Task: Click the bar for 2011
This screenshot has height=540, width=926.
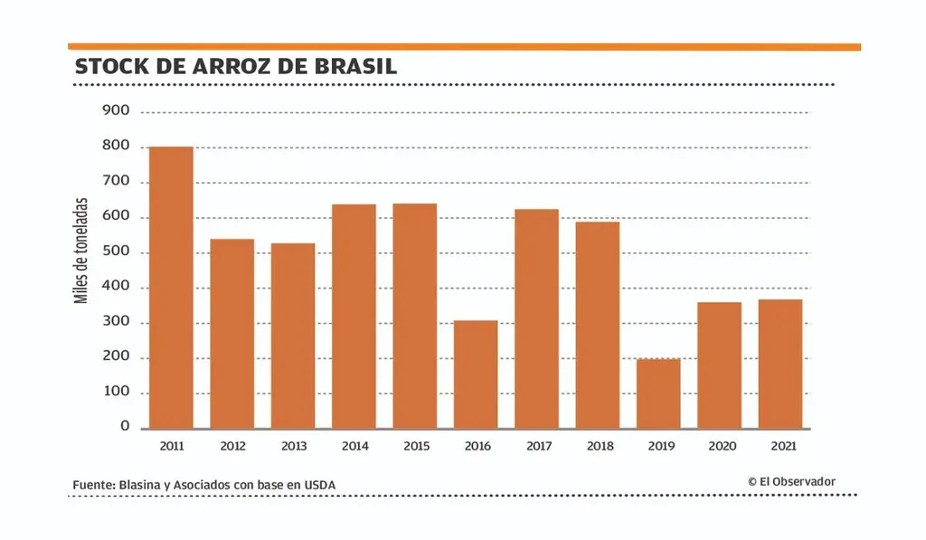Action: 171,288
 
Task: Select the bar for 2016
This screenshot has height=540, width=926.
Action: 476,374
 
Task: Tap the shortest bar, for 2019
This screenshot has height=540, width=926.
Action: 658,393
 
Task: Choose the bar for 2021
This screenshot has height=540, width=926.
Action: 780,364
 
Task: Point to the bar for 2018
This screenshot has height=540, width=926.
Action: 598,325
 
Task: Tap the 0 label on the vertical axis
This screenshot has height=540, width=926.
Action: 125,427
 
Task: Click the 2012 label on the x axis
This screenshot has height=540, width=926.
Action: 232,446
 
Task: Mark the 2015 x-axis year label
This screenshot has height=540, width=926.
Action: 415,446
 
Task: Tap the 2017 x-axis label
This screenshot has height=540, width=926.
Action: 537,446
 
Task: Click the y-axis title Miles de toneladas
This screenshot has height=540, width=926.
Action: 82,251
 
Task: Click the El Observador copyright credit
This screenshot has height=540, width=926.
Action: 791,482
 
